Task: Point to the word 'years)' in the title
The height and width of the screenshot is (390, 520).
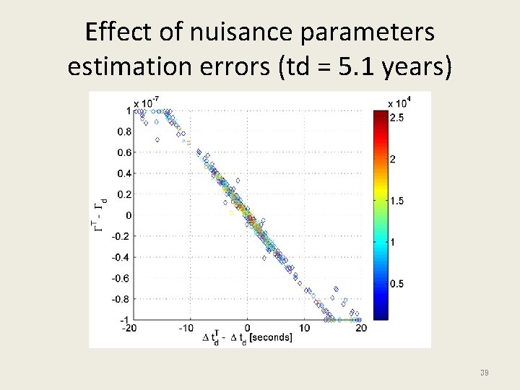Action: (x=419, y=67)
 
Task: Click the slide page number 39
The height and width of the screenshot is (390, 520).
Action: (x=485, y=372)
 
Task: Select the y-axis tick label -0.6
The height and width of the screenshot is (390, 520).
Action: (x=121, y=278)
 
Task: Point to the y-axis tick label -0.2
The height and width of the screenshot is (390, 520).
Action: (x=121, y=236)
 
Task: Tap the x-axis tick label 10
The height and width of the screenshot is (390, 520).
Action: (x=304, y=329)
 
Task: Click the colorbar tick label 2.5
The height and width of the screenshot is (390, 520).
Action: (x=397, y=117)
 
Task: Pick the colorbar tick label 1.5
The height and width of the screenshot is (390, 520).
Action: (x=397, y=201)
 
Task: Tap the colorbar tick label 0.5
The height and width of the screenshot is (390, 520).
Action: (x=397, y=284)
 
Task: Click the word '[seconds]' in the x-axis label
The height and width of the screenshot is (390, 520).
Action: (x=269, y=337)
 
